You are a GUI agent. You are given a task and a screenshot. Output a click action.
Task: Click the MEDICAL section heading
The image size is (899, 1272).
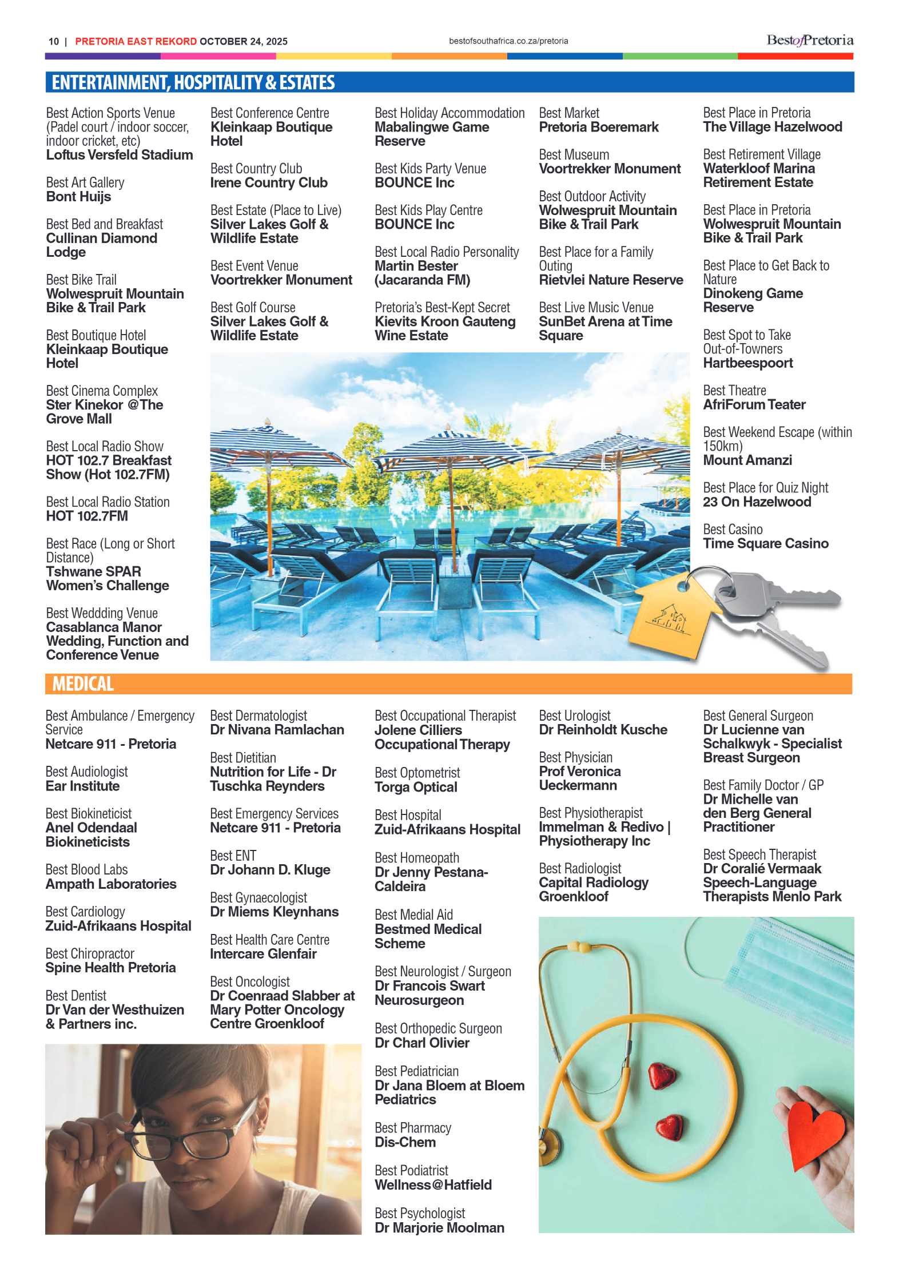pos(83,684)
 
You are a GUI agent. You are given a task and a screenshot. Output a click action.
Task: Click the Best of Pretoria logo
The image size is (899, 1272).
pos(810,41)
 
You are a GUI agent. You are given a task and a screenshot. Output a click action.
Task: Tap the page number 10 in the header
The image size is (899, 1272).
pos(54,42)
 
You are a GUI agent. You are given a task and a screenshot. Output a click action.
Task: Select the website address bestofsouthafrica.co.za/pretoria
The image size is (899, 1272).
pos(508,41)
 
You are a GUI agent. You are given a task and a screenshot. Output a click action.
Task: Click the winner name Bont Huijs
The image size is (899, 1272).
pos(79,197)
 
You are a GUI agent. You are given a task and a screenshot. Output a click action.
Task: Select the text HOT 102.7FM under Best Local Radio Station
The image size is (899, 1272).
pos(87,516)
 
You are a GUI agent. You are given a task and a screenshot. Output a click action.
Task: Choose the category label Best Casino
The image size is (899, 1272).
pos(733,530)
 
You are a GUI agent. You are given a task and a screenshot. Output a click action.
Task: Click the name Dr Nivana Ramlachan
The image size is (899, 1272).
pos(277,730)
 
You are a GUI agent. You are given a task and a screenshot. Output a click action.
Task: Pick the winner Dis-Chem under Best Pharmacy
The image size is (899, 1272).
pos(405,1142)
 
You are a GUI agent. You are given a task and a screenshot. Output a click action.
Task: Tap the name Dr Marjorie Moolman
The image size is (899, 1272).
pos(439,1227)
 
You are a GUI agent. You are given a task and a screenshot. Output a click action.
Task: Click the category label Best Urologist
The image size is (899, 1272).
pos(575,716)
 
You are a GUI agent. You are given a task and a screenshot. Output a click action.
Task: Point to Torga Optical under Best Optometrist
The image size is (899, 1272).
pos(416,787)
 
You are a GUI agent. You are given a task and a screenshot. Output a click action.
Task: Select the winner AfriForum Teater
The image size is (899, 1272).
pos(754,405)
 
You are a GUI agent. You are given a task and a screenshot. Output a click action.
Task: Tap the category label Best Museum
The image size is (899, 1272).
pos(574,155)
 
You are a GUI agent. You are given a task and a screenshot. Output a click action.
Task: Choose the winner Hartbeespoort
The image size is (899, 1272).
pos(748,363)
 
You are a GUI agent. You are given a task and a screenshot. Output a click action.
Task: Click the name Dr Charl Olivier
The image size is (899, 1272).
pos(422,1043)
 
